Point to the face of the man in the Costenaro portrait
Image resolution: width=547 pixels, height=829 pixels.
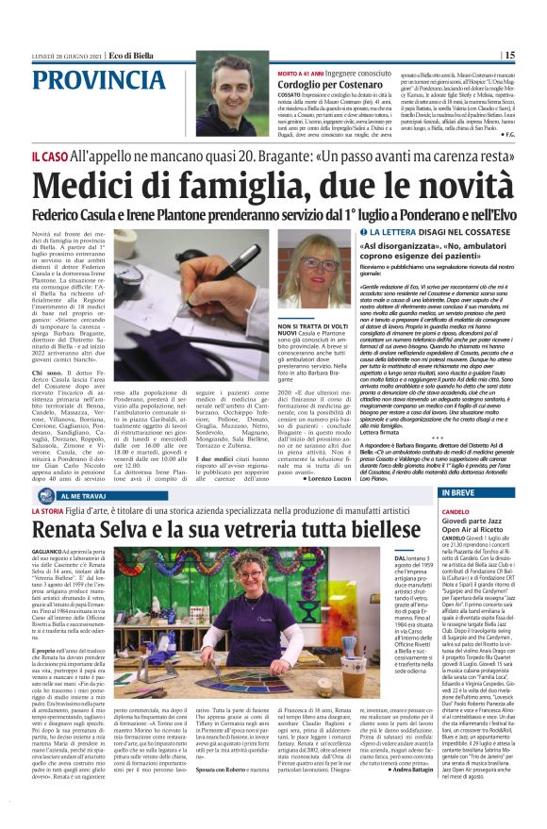pos(229,81)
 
